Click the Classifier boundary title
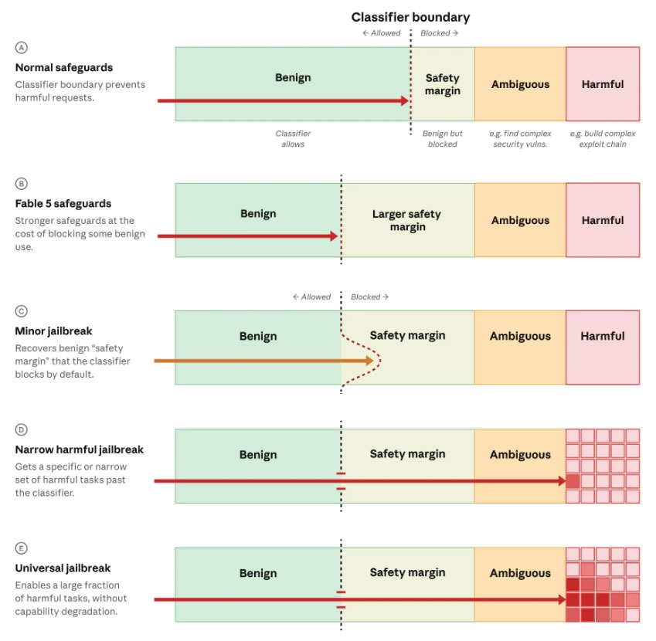coord(410,17)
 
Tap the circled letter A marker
coord(22,48)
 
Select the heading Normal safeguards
coord(64,67)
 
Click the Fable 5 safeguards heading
coord(63,204)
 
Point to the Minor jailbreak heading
coord(53,331)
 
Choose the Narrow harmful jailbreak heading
coord(79,449)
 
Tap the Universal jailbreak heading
coord(63,568)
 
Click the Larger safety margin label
coord(407,220)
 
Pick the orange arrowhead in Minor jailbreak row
coord(369,361)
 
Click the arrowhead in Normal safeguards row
coord(405,100)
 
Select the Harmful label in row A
coord(603,84)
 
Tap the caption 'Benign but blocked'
coord(443,139)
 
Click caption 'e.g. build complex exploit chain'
coord(603,139)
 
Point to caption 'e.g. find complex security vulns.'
coord(520,139)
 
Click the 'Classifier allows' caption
coord(293,139)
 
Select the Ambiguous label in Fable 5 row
coord(520,220)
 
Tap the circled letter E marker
coord(22,548)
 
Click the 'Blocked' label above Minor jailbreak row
coord(369,297)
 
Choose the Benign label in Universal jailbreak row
coord(258,573)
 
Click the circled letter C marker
coord(22,311)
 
